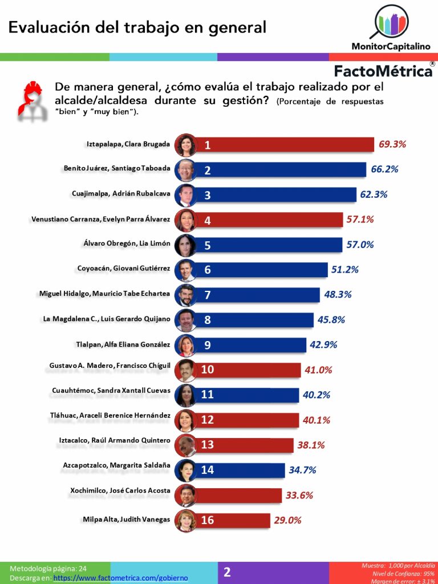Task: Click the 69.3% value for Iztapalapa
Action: (392, 144)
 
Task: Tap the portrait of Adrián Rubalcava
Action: (186, 194)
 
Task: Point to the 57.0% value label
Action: (360, 245)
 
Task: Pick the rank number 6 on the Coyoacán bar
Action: (208, 270)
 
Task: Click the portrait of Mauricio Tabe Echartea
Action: (186, 295)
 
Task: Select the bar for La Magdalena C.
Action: (257, 319)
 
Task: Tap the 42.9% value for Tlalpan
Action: (323, 344)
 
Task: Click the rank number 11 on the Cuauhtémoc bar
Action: (208, 395)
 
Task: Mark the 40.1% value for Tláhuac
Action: (317, 420)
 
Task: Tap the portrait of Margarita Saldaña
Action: (186, 470)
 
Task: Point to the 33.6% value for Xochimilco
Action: (299, 495)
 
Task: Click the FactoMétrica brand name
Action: (383, 71)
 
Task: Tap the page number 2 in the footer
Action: (227, 573)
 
